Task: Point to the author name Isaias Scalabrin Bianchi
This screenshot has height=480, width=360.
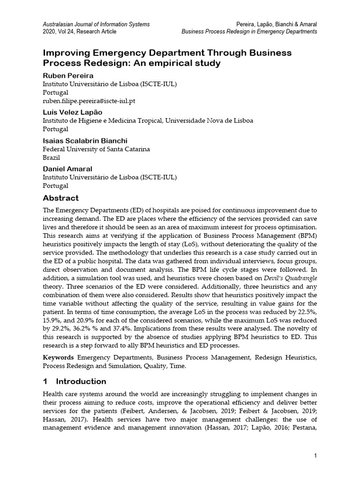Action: tap(85, 141)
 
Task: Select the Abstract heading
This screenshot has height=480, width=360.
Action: tap(60, 198)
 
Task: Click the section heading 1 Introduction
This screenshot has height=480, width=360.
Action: tap(75, 381)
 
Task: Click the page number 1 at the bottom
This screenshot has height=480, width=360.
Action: tap(315, 457)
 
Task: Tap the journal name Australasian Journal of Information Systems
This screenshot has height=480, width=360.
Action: tap(97, 23)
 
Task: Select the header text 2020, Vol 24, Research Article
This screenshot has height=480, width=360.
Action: tap(80, 31)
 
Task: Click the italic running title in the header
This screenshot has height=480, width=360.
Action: tap(249, 31)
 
